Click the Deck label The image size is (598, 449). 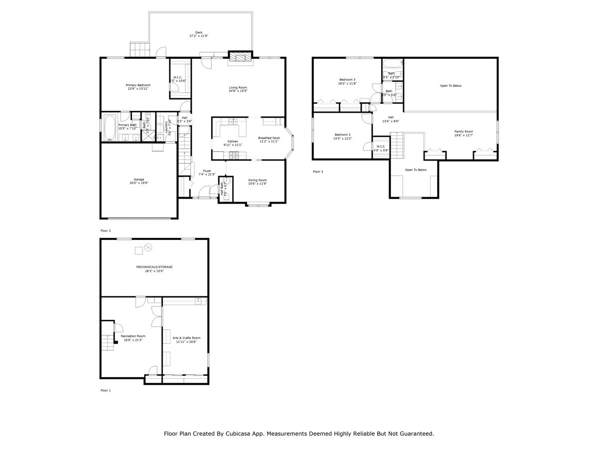click(x=198, y=34)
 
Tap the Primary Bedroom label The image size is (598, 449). click(x=138, y=87)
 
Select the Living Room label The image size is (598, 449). click(x=238, y=89)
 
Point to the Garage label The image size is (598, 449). click(x=139, y=181)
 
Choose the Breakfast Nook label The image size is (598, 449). click(x=269, y=139)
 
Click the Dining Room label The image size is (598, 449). click(x=258, y=182)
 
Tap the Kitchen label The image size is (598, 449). click(x=233, y=143)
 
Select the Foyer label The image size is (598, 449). click(x=207, y=172)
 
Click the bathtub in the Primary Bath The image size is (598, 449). click(x=110, y=122)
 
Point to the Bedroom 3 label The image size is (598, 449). click(x=347, y=81)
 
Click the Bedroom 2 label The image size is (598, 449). click(x=342, y=136)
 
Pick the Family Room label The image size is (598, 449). click(x=463, y=133)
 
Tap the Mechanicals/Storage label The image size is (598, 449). click(x=154, y=268)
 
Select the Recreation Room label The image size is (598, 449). click(x=133, y=338)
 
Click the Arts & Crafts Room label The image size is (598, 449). click(x=186, y=339)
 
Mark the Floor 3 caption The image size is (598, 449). click(x=318, y=172)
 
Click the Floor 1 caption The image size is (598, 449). click(x=106, y=390)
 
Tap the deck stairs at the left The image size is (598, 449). click(x=140, y=49)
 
